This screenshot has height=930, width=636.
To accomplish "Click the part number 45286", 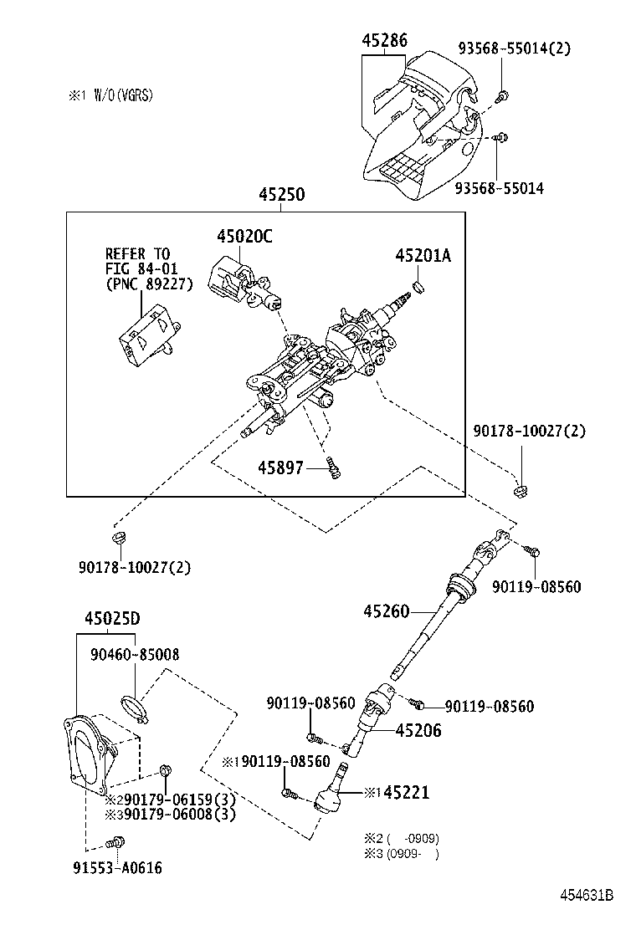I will pyautogui.click(x=385, y=39).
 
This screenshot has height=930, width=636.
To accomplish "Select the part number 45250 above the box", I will pyautogui.click(x=281, y=195).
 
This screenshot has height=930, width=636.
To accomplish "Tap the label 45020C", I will pyautogui.click(x=244, y=237).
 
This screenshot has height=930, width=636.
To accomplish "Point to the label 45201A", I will pyautogui.click(x=423, y=256).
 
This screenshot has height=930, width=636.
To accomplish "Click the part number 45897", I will pyautogui.click(x=280, y=469).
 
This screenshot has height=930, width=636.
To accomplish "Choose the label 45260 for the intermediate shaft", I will pyautogui.click(x=387, y=611).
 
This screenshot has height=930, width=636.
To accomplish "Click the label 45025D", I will pyautogui.click(x=111, y=619).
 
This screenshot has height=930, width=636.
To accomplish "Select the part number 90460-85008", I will pyautogui.click(x=134, y=654).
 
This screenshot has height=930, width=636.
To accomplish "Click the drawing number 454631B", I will pyautogui.click(x=587, y=895).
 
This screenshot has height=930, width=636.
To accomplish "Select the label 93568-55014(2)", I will pyautogui.click(x=514, y=49).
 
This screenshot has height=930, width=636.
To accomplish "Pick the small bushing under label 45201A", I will pyautogui.click(x=421, y=288).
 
